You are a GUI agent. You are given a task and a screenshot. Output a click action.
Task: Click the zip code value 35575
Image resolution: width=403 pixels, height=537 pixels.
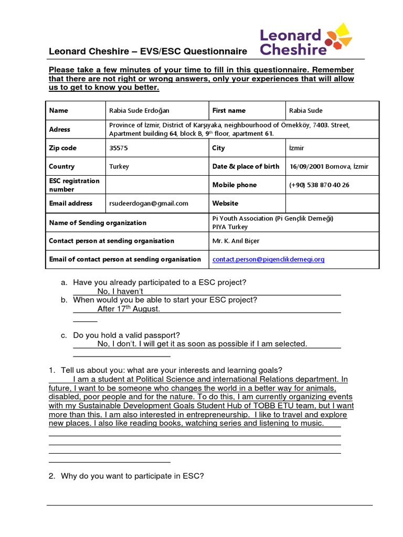point(119,148)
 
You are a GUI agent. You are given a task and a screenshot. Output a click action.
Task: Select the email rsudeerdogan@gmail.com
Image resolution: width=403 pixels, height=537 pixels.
point(149,203)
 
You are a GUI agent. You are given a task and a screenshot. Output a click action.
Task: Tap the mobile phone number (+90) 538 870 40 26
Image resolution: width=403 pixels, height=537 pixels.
point(319,185)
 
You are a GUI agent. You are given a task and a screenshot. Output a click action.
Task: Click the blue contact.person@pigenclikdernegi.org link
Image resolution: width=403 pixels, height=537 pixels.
point(268,259)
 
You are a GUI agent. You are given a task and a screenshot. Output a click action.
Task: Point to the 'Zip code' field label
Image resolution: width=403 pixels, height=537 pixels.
point(62,148)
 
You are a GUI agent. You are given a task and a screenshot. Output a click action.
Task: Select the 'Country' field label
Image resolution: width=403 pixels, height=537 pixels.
point(62,166)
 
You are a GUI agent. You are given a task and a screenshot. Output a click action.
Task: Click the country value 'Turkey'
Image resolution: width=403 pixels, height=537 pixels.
point(119,166)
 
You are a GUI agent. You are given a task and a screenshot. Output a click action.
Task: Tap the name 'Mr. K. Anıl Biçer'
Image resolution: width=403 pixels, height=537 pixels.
point(236,241)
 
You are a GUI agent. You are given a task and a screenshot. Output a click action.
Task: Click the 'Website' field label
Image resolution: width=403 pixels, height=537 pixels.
point(225,203)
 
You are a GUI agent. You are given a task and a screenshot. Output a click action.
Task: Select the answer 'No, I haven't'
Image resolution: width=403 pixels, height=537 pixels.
point(120,291)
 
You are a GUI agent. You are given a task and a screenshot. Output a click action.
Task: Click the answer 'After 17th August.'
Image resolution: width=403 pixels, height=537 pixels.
point(129,309)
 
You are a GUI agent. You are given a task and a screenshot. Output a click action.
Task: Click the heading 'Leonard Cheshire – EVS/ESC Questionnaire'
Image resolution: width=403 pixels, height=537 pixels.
point(147,51)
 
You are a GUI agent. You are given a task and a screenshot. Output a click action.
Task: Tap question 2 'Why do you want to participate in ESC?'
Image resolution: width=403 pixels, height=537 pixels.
point(132,476)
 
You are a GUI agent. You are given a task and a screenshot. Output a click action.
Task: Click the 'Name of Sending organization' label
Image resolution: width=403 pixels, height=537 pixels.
point(98,223)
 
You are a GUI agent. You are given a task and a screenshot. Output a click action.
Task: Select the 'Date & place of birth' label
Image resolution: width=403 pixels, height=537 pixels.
point(246,166)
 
